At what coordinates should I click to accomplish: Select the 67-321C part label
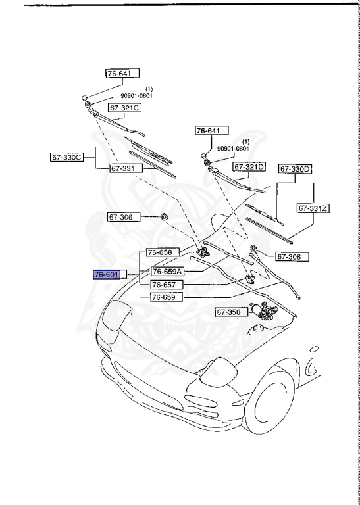click(x=126, y=107)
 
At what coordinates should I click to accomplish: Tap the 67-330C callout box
click(x=67, y=157)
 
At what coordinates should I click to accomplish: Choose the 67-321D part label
click(x=249, y=166)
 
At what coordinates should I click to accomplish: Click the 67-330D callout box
click(x=296, y=169)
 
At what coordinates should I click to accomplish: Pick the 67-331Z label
click(x=313, y=208)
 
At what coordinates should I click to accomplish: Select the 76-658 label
click(x=159, y=252)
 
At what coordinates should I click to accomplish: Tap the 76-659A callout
click(x=167, y=271)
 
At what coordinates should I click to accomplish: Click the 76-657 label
click(x=164, y=285)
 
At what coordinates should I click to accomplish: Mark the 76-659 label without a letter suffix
click(x=164, y=297)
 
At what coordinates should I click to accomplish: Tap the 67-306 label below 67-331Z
click(x=292, y=256)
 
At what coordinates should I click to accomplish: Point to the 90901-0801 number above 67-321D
click(x=232, y=149)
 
